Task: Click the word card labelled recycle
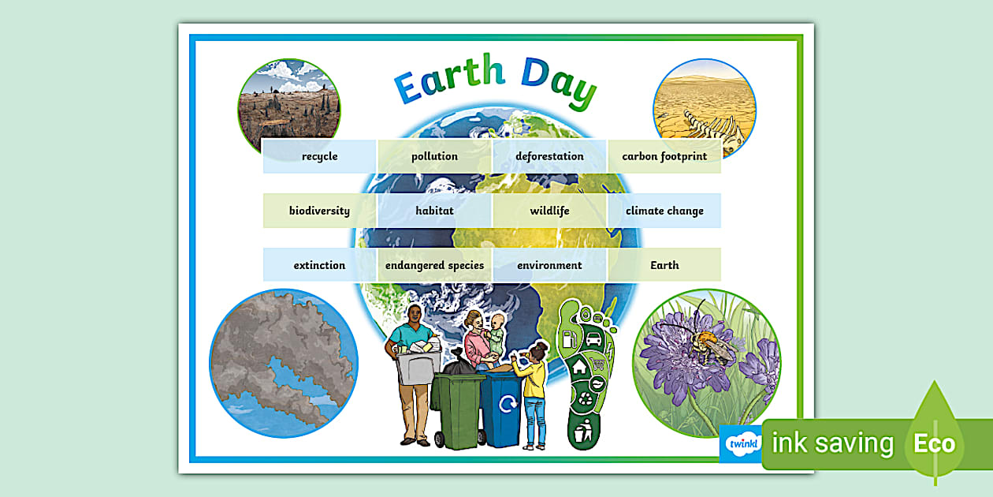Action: pyautogui.click(x=319, y=156)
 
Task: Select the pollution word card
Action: pyautogui.click(x=434, y=156)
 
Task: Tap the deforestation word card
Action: pyautogui.click(x=549, y=156)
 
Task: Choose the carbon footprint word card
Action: pyautogui.click(x=664, y=156)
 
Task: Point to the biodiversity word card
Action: pyautogui.click(x=319, y=211)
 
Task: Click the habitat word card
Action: pyautogui.click(x=434, y=211)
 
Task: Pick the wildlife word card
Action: pyautogui.click(x=549, y=211)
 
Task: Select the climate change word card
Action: pyautogui.click(x=664, y=211)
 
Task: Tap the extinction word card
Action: pyautogui.click(x=319, y=265)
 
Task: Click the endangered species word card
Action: pyautogui.click(x=434, y=265)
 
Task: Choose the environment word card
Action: pyautogui.click(x=549, y=265)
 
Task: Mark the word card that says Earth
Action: pyautogui.click(x=664, y=265)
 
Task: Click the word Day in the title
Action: pyautogui.click(x=558, y=80)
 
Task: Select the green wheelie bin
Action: pyautogui.click(x=457, y=410)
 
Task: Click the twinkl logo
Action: pyautogui.click(x=740, y=443)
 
